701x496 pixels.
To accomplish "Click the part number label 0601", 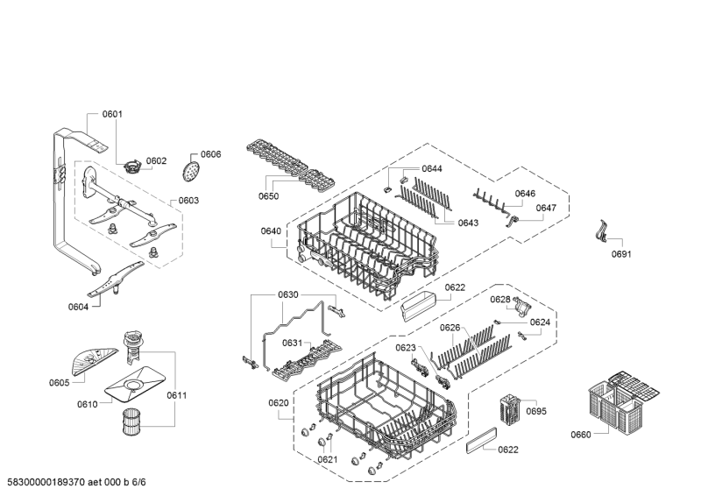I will pos(112,114).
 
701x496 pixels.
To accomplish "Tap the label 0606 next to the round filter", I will pos(211,154).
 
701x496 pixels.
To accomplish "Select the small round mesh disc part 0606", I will pos(193,170).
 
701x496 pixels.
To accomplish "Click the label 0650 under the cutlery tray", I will pos(269,196).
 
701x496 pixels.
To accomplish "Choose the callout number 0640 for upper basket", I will pos(271,231).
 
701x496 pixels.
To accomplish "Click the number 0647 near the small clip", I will pos(546,208).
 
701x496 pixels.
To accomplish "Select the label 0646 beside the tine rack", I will pos(525,194).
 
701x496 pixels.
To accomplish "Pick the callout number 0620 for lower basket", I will pos(278,402).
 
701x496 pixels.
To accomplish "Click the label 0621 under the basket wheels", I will pos(327,459).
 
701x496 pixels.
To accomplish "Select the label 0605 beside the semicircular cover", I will pos(59,382).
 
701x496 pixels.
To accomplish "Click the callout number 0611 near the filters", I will pos(175,395).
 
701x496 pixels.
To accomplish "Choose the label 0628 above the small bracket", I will pos(500,300).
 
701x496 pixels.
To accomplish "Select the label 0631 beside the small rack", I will pos(293,343).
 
